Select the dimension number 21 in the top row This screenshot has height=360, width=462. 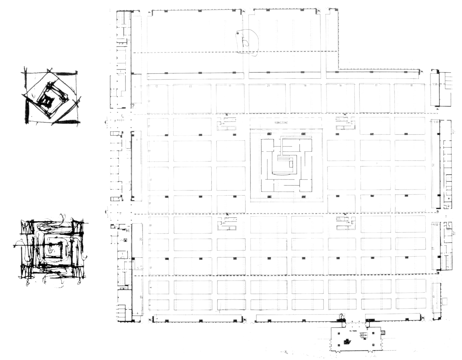coord(268,86)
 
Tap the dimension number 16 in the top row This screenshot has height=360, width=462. coord(340,85)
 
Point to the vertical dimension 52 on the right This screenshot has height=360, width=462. coord(433,165)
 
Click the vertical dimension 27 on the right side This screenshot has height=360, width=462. coord(433,248)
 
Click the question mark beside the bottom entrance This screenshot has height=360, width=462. coord(341,316)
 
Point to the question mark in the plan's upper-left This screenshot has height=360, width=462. coord(133,106)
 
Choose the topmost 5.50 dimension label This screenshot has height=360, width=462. coord(435,84)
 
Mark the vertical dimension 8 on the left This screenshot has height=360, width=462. coord(151,287)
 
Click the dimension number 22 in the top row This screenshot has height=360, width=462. coord(190,86)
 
